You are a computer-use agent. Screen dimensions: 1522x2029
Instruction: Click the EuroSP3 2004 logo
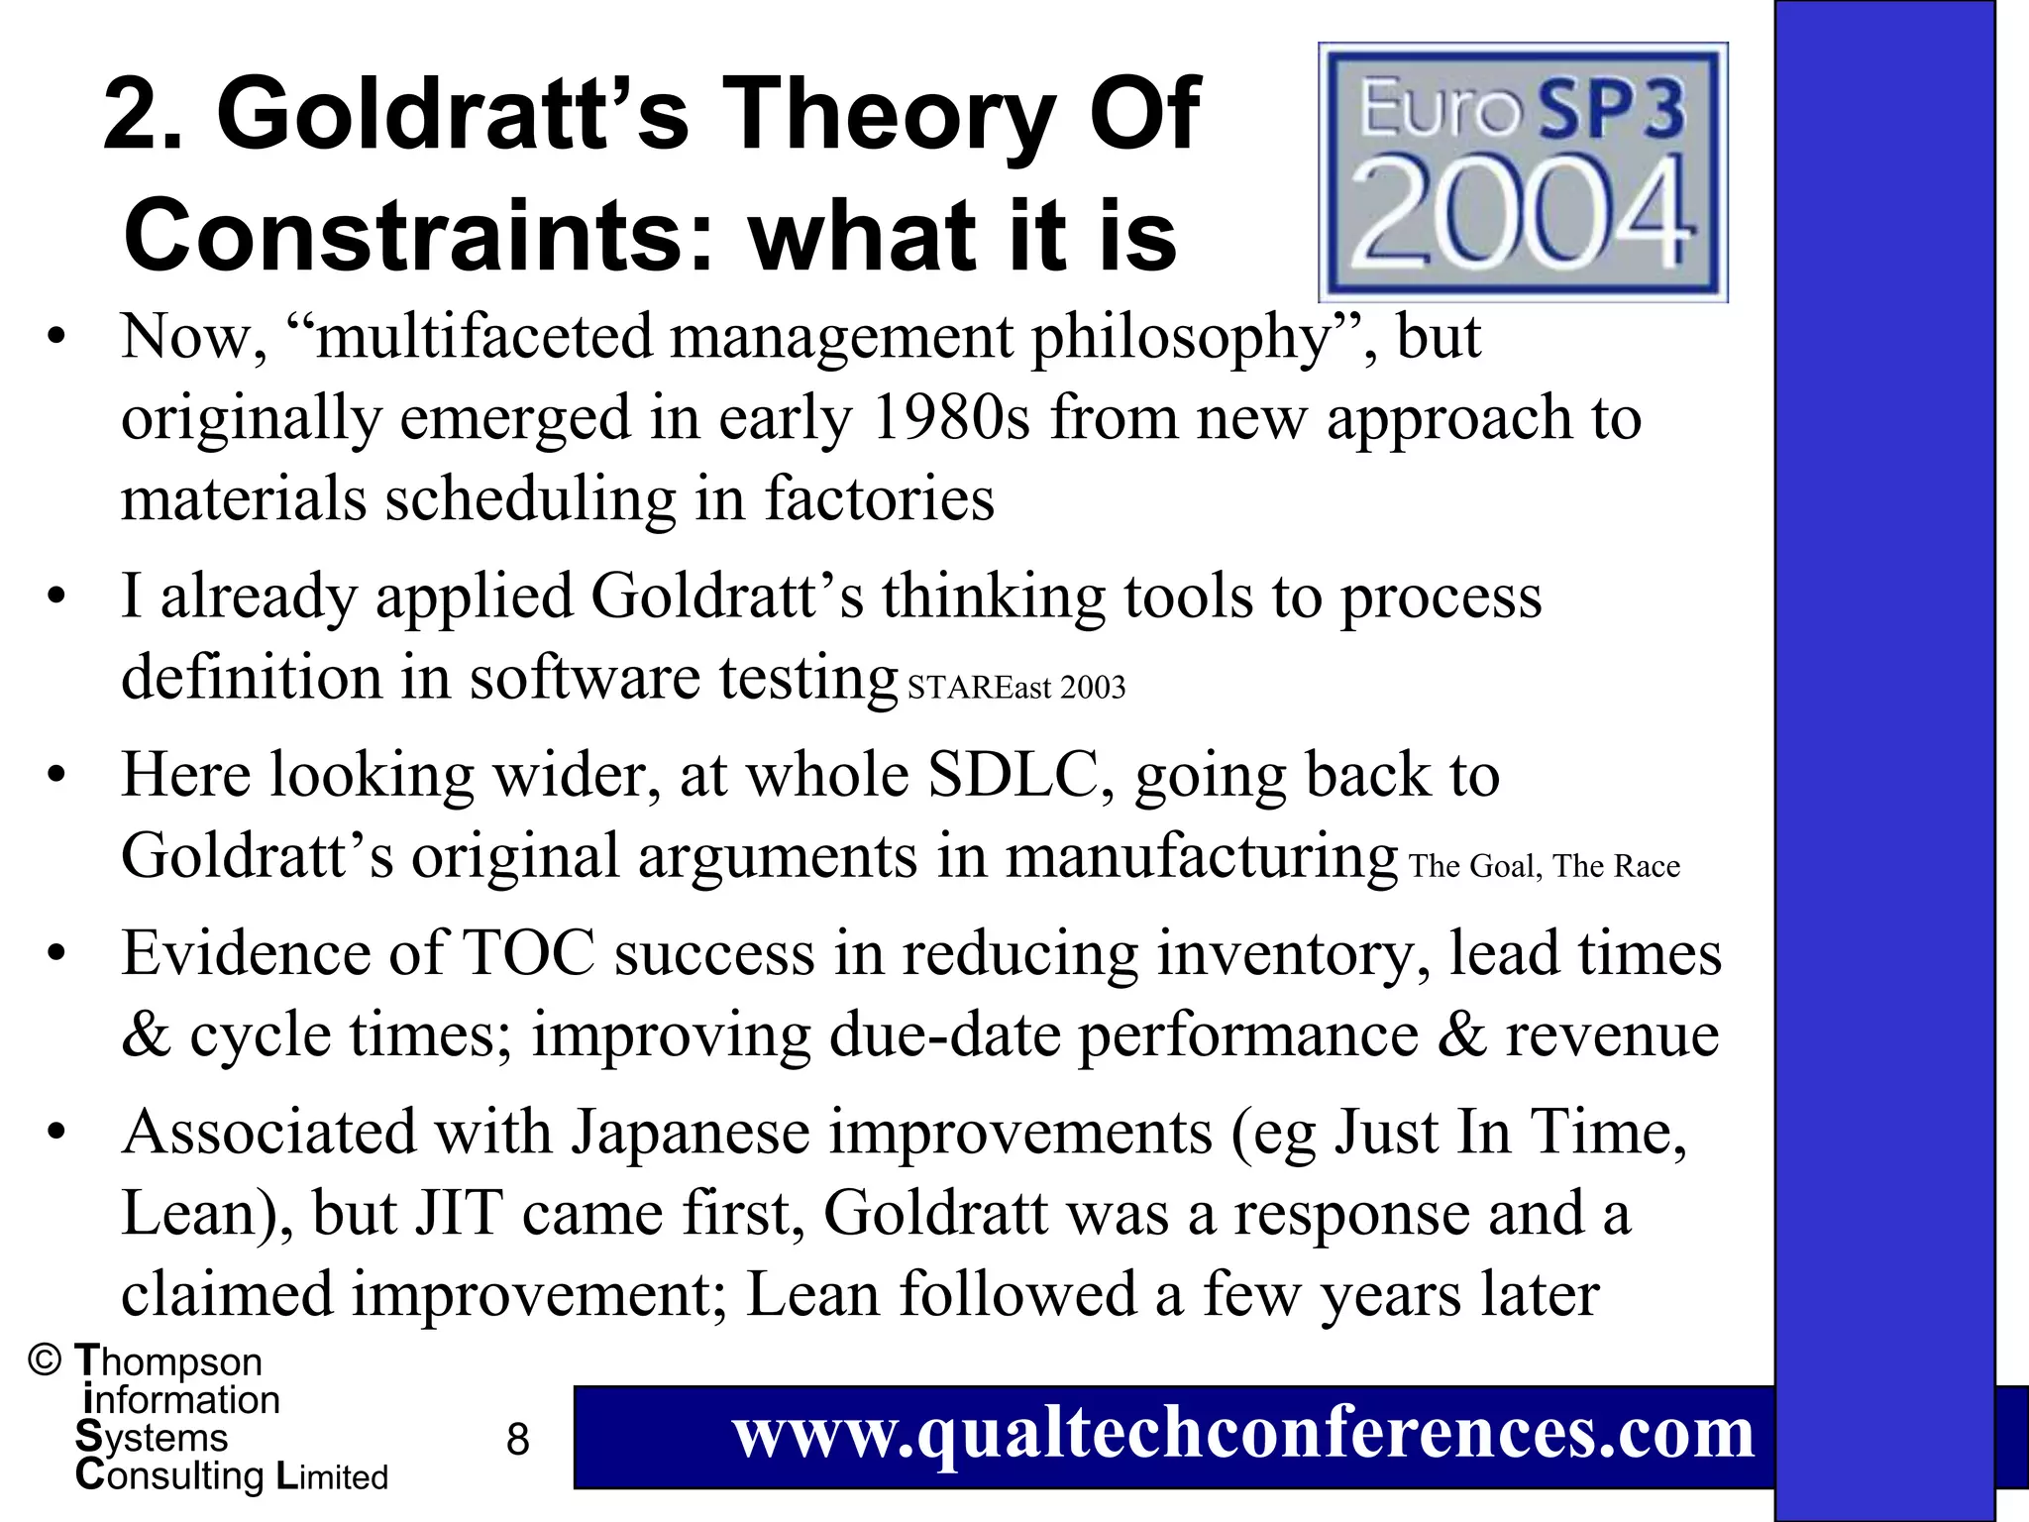1523,171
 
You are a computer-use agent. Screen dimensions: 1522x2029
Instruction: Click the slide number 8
517,1439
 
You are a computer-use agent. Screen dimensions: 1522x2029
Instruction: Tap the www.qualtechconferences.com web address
1243,1434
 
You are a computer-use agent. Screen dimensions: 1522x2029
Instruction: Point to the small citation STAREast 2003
1016,688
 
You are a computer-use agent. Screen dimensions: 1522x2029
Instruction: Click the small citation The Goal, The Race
1545,866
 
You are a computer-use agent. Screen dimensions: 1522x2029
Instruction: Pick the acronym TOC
529,953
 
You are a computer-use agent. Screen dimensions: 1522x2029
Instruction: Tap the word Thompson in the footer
168,1361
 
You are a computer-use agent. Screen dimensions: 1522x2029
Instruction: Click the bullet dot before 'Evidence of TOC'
56,954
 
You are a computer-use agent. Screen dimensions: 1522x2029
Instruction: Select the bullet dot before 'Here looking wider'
56,775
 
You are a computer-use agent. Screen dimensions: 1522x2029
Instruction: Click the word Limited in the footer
332,1476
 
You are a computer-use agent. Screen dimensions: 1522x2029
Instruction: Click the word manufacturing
1202,856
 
